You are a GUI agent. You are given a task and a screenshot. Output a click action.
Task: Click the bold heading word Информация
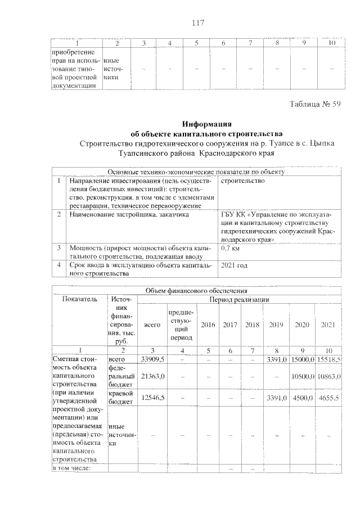click(200, 124)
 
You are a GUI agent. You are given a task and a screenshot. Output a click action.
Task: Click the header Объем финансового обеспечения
click(196, 290)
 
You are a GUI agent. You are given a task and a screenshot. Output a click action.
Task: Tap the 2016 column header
click(208, 325)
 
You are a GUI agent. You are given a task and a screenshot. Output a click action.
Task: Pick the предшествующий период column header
click(178, 325)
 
